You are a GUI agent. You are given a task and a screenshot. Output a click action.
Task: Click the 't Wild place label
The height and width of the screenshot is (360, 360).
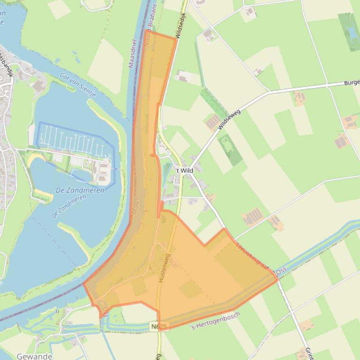(184, 171)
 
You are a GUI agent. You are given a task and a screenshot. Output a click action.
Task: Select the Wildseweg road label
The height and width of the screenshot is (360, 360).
(229, 119)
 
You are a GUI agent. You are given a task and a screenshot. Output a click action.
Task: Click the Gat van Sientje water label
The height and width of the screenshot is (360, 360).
(78, 85)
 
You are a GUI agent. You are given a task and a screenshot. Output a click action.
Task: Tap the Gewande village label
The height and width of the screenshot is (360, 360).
(34, 356)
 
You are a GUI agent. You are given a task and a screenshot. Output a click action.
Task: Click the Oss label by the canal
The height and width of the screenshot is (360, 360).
(281, 271)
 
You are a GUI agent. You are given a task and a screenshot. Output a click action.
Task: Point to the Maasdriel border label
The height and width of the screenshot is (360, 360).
(132, 54)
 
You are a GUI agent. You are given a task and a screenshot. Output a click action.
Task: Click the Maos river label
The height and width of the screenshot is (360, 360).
(136, 205)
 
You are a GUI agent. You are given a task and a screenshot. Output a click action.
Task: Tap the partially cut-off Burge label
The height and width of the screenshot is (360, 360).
(352, 83)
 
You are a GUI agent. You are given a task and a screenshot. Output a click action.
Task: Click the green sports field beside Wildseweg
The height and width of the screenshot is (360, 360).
(230, 150)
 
